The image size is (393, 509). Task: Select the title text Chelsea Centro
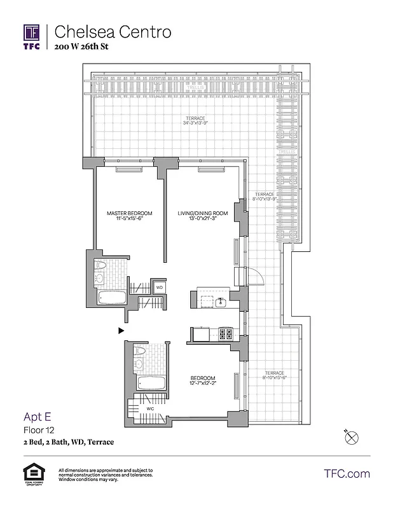[113, 32]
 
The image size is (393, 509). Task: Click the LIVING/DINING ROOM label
[202, 213]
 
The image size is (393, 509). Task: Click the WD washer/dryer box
[160, 288]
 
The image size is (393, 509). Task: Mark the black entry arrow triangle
[120, 330]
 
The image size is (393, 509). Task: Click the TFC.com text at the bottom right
[347, 474]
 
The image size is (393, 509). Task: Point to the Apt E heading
[37, 417]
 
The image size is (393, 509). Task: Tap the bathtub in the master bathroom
[113, 297]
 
